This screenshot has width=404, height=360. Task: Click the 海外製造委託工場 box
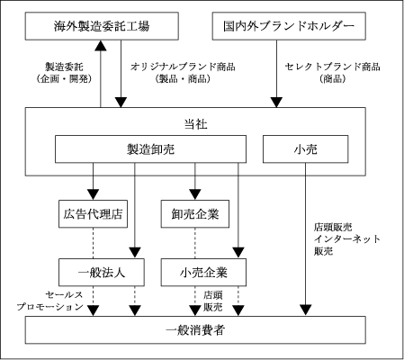[102, 26]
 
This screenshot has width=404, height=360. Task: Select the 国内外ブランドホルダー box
[289, 26]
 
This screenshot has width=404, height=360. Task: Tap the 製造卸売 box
[150, 149]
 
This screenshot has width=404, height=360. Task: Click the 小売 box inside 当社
[305, 149]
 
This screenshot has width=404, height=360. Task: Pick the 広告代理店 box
[93, 214]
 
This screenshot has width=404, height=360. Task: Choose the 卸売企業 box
[195, 214]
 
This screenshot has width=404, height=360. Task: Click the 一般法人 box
[102, 273]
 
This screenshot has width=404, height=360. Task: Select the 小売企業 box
[203, 273]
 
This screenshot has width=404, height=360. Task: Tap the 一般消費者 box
[195, 330]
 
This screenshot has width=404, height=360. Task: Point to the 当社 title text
[195, 124]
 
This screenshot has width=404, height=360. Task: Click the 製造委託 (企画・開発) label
[64, 73]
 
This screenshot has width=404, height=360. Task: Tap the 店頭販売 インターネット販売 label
[346, 239]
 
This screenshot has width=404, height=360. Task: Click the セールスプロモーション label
[49, 301]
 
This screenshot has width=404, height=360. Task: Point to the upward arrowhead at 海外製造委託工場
[101, 45]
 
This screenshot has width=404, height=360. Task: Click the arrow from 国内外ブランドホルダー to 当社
[276, 74]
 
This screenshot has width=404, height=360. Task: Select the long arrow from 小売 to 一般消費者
[306, 239]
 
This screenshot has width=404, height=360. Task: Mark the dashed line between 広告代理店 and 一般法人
[93, 243]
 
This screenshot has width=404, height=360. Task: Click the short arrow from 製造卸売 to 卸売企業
[195, 182]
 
